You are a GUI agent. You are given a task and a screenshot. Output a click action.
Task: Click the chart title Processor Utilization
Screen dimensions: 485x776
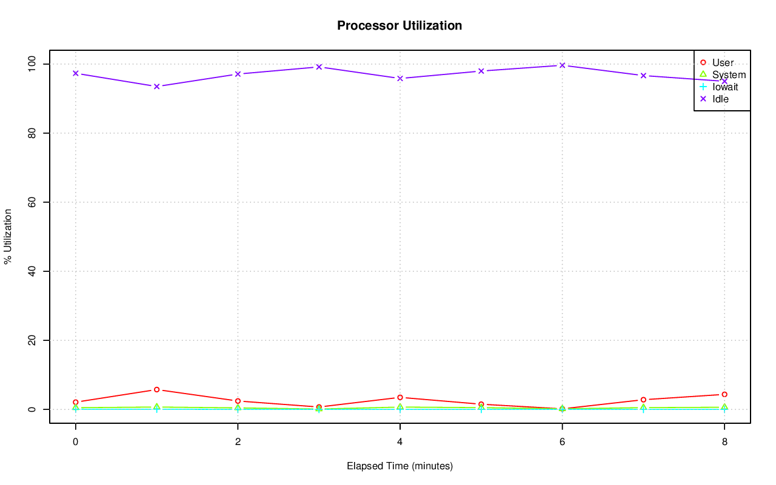[400, 26]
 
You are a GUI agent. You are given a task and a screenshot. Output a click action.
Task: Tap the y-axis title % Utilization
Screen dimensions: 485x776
[8, 236]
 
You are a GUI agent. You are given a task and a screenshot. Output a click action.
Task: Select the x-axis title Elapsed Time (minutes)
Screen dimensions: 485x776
[400, 466]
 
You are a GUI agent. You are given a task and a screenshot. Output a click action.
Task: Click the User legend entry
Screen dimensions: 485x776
[723, 63]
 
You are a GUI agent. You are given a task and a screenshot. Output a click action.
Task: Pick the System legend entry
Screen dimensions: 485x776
[729, 75]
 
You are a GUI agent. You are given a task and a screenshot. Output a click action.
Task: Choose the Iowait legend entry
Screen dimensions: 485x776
[725, 87]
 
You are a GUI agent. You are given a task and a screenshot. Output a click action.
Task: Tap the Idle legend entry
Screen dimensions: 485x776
[720, 99]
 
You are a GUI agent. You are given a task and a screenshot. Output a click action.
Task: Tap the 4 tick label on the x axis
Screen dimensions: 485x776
[400, 442]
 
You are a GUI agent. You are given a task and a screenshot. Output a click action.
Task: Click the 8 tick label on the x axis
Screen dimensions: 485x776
[724, 442]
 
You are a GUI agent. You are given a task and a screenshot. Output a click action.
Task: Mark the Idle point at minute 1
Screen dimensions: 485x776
[156, 87]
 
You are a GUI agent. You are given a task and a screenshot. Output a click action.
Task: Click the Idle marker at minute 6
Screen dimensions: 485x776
[562, 65]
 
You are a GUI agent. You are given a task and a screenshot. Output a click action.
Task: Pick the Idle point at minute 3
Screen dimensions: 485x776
[319, 67]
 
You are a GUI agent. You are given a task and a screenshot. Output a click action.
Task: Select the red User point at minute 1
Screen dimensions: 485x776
[156, 390]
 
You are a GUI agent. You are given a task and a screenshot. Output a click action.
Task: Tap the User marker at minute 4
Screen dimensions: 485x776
[400, 398]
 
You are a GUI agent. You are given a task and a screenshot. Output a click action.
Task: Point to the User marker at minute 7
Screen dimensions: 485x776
[643, 400]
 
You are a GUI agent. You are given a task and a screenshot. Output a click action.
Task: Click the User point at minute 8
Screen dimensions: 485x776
[724, 395]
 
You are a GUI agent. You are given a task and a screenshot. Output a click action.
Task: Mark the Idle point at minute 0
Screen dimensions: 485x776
[76, 73]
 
